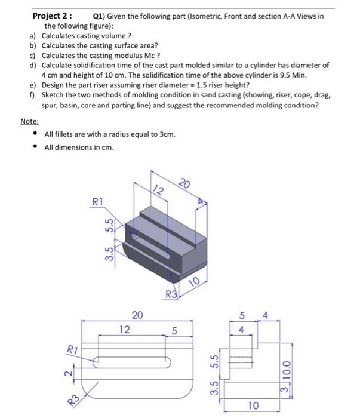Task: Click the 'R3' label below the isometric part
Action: pyautogui.click(x=171, y=293)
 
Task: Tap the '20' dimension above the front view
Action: pyautogui.click(x=137, y=316)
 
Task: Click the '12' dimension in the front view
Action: pyautogui.click(x=124, y=329)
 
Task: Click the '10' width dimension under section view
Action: pyautogui.click(x=254, y=406)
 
